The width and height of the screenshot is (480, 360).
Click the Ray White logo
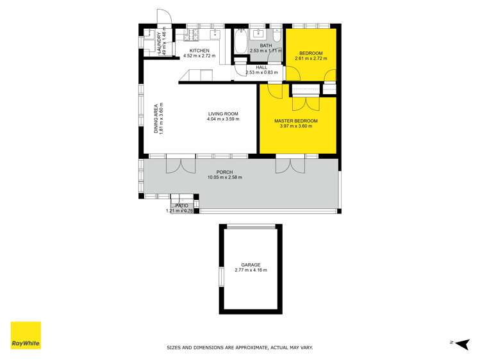26,335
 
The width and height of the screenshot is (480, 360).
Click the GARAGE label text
251,265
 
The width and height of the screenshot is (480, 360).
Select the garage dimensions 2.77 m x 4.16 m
251,270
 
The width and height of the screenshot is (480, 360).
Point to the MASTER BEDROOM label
296,120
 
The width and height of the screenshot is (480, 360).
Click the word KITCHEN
199,51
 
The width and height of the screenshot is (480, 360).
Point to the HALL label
261,67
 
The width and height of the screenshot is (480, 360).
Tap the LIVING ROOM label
223,113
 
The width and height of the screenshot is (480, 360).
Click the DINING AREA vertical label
156,119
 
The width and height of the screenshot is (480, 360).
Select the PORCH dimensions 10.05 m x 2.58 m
224,177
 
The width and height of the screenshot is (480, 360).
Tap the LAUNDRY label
158,42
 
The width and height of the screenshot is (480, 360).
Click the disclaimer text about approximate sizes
240,347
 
